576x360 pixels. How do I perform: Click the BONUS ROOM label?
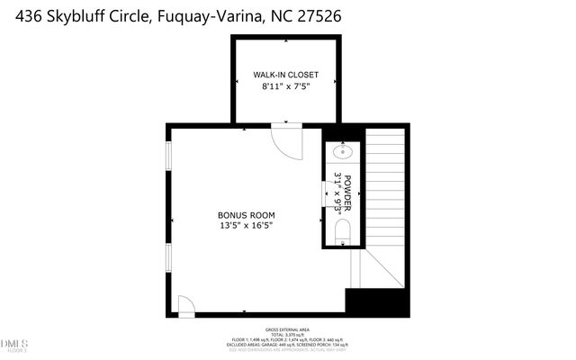tap(246, 215)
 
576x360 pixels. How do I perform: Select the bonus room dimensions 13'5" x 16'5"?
tap(246, 227)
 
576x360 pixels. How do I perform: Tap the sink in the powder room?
tap(343, 151)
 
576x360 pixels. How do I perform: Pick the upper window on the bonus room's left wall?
tap(167, 157)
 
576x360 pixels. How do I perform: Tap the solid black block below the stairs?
tap(377, 302)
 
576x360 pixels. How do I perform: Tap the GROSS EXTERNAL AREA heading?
tap(287, 330)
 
